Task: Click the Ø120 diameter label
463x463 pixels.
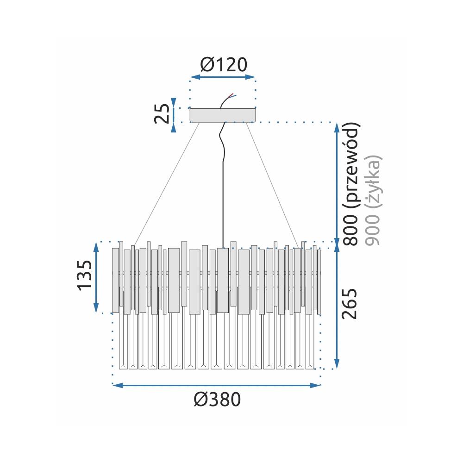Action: pyautogui.click(x=224, y=65)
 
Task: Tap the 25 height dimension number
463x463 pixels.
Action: pyautogui.click(x=163, y=114)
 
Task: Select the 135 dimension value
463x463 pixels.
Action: pyautogui.click(x=85, y=275)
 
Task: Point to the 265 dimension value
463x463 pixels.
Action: pyautogui.click(x=349, y=304)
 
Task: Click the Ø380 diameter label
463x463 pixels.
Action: pyautogui.click(x=217, y=400)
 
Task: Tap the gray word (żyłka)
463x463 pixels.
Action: pyautogui.click(x=374, y=181)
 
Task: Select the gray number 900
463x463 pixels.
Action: pyautogui.click(x=372, y=230)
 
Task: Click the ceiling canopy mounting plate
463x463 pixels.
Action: pyautogui.click(x=223, y=115)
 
